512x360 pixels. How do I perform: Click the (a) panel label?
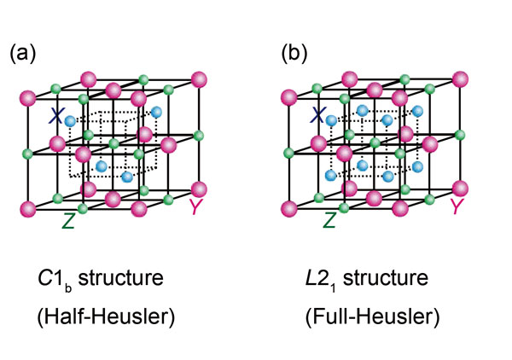click(22, 53)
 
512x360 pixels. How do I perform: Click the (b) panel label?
click(294, 53)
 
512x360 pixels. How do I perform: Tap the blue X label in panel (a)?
click(55, 115)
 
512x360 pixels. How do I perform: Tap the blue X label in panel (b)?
click(317, 115)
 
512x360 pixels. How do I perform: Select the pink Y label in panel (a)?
click(196, 206)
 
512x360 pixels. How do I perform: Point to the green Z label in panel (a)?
click(68, 221)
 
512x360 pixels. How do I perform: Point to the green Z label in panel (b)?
click(329, 220)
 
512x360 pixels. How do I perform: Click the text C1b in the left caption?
click(55, 280)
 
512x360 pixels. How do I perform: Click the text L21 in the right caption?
click(320, 280)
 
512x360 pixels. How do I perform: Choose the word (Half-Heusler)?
click(106, 316)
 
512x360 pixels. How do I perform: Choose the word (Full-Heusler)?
click(373, 316)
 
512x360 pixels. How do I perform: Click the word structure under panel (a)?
click(121, 278)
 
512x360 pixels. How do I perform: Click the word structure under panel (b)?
click(386, 278)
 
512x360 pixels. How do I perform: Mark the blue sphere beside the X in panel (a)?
click(70, 121)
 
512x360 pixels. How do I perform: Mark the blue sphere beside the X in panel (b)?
click(331, 120)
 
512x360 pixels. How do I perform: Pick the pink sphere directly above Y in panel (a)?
click(199, 189)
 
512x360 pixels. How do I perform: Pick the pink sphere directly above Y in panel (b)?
click(460, 189)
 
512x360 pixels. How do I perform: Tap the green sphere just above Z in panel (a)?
click(83, 208)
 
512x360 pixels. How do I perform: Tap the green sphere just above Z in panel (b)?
click(344, 207)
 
